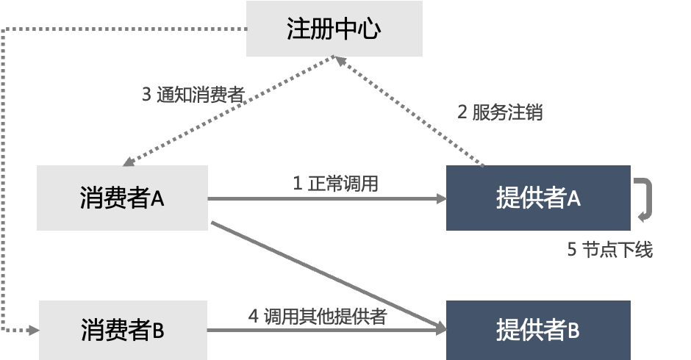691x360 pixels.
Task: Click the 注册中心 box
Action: pyautogui.click(x=334, y=29)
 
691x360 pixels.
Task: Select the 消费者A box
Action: pyautogui.click(x=122, y=198)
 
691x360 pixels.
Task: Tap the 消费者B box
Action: pyautogui.click(x=122, y=330)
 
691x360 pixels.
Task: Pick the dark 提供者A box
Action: pyautogui.click(x=538, y=198)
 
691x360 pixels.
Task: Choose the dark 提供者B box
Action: pyautogui.click(x=538, y=330)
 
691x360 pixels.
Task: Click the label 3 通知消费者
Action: pyautogui.click(x=193, y=95)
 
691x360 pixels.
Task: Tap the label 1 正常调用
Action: pyautogui.click(x=335, y=183)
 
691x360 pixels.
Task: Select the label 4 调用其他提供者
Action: pyautogui.click(x=317, y=317)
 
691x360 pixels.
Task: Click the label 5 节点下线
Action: pyautogui.click(x=609, y=250)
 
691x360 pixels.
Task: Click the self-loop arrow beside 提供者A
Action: pyautogui.click(x=647, y=198)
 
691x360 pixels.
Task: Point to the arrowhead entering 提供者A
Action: pyautogui.click(x=441, y=198)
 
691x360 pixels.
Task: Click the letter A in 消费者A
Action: pyautogui.click(x=158, y=198)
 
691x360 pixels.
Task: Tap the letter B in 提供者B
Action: pyautogui.click(x=573, y=331)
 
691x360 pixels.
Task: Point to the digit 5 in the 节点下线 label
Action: pyautogui.click(x=571, y=250)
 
